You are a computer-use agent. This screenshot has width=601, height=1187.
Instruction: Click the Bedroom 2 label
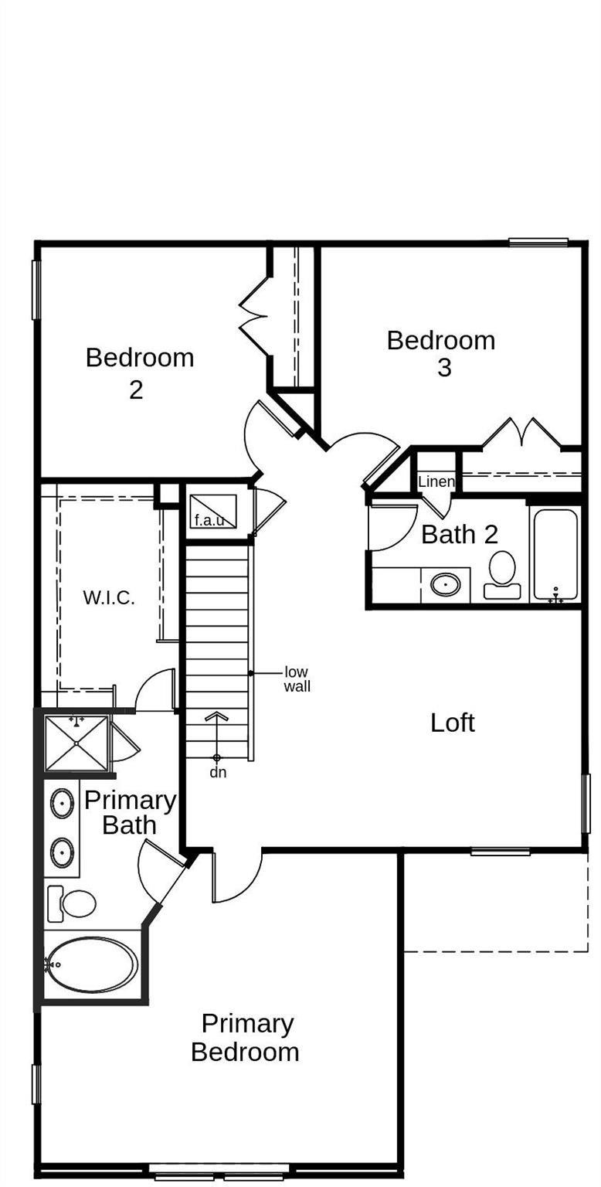pyautogui.click(x=139, y=372)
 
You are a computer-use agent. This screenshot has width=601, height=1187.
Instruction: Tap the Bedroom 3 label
pyautogui.click(x=441, y=353)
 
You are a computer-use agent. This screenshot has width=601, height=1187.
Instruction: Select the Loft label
pyautogui.click(x=452, y=723)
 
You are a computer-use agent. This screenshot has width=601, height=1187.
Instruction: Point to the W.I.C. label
pyautogui.click(x=109, y=597)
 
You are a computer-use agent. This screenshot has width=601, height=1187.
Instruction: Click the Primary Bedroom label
pyautogui.click(x=246, y=1038)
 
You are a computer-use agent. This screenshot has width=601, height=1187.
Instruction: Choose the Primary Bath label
pyautogui.click(x=130, y=812)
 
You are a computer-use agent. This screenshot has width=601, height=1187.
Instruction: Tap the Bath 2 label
pyautogui.click(x=459, y=534)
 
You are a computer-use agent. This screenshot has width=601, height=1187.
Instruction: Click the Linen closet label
pyautogui.click(x=436, y=482)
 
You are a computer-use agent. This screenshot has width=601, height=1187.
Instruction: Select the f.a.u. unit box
pyautogui.click(x=212, y=511)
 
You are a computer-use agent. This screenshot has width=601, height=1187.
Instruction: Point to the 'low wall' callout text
pyautogui.click(x=297, y=679)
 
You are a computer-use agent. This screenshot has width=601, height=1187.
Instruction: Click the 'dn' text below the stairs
pyautogui.click(x=218, y=772)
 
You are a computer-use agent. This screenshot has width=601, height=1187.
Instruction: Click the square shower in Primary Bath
pyautogui.click(x=76, y=743)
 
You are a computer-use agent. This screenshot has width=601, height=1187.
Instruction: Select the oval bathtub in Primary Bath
pyautogui.click(x=92, y=964)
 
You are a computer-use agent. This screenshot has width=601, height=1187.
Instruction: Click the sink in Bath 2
pyautogui.click(x=446, y=584)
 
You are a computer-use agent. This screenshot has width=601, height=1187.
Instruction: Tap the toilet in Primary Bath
pyautogui.click(x=73, y=903)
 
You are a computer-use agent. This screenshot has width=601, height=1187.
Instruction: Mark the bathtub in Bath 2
pyautogui.click(x=555, y=554)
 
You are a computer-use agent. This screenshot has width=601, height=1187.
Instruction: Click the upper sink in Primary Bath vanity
pyautogui.click(x=63, y=804)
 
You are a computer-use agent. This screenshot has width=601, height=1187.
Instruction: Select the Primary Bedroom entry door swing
pyautogui.click(x=236, y=877)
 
